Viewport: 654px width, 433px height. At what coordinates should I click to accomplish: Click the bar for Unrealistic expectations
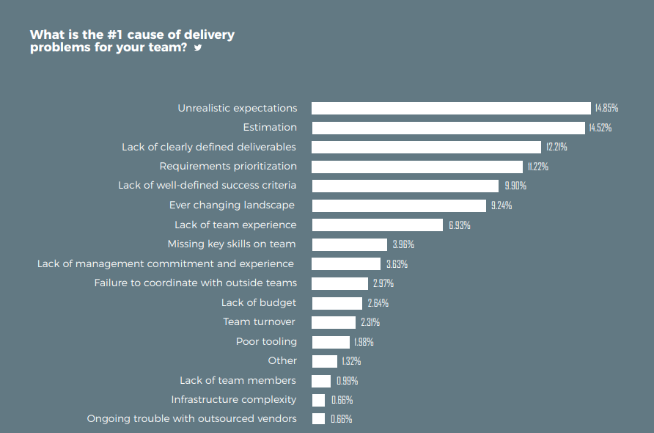pyautogui.click(x=451, y=108)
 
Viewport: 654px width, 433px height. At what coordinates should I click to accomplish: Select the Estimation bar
pyautogui.click(x=449, y=128)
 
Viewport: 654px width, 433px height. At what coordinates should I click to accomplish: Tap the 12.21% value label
pyautogui.click(x=556, y=148)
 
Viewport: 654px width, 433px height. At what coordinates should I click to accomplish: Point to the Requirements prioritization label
pyautogui.click(x=228, y=167)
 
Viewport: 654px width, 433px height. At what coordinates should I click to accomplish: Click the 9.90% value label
pyautogui.click(x=515, y=186)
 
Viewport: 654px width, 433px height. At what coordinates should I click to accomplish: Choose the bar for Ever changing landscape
pyautogui.click(x=399, y=205)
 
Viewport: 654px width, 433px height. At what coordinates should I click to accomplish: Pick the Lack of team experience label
pyautogui.click(x=235, y=225)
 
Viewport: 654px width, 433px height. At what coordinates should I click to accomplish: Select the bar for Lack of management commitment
pyautogui.click(x=346, y=263)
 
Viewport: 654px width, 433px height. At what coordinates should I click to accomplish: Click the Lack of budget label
pyautogui.click(x=259, y=302)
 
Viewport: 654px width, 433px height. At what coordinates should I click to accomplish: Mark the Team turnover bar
pyautogui.click(x=334, y=322)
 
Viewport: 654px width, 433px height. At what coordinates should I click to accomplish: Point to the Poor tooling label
pyautogui.click(x=266, y=341)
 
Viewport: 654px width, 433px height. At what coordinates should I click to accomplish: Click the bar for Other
pyautogui.click(x=324, y=361)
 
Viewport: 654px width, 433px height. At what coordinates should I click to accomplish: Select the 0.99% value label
pyautogui.click(x=347, y=381)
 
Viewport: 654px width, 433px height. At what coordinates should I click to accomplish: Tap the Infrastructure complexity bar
pyautogui.click(x=318, y=400)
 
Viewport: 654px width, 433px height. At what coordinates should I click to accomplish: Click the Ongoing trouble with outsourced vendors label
pyautogui.click(x=192, y=418)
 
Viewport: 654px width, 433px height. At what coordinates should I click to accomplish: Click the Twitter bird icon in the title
pyautogui.click(x=197, y=48)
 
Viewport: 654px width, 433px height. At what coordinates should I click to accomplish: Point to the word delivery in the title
pyautogui.click(x=208, y=34)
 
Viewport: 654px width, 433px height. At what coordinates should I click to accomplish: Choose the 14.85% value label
pyautogui.click(x=606, y=109)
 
